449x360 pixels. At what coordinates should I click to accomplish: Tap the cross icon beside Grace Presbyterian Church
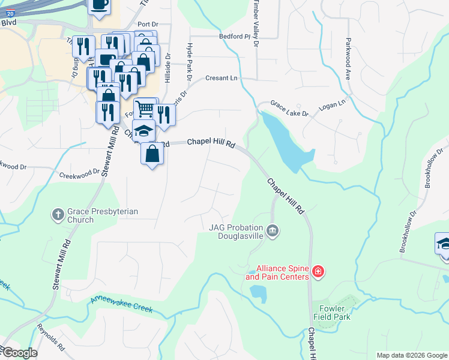(x=58, y=214)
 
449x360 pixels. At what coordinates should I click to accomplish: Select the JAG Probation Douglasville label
(x=237, y=231)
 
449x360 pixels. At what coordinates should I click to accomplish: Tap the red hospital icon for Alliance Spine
(x=318, y=272)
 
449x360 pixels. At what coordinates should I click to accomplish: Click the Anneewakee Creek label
(x=122, y=304)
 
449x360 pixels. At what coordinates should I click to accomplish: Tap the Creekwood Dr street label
(x=78, y=175)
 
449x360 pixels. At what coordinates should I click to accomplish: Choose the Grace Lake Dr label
(x=289, y=109)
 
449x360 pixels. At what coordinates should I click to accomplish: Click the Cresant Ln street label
(x=221, y=78)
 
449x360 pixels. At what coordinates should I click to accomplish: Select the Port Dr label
(x=147, y=25)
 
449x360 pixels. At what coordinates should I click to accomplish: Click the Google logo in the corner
(x=19, y=353)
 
